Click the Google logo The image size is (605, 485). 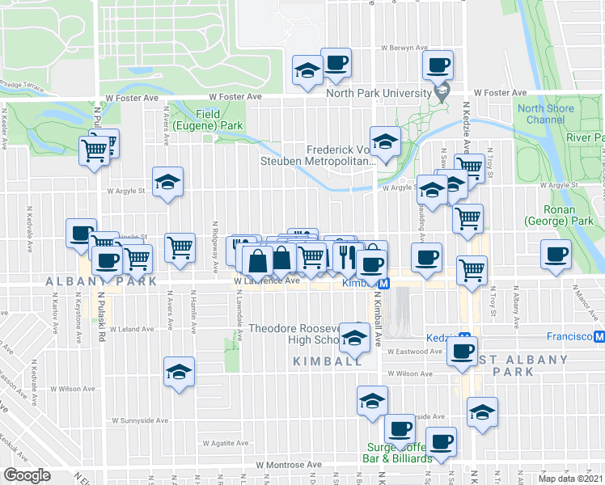[x=27, y=475]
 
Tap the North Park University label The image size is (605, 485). [x=379, y=94]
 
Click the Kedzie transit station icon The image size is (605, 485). [x=465, y=335]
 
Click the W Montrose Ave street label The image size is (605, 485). [x=289, y=465]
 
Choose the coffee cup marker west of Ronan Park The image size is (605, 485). [x=556, y=254]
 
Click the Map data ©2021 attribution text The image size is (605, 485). [x=570, y=478]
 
